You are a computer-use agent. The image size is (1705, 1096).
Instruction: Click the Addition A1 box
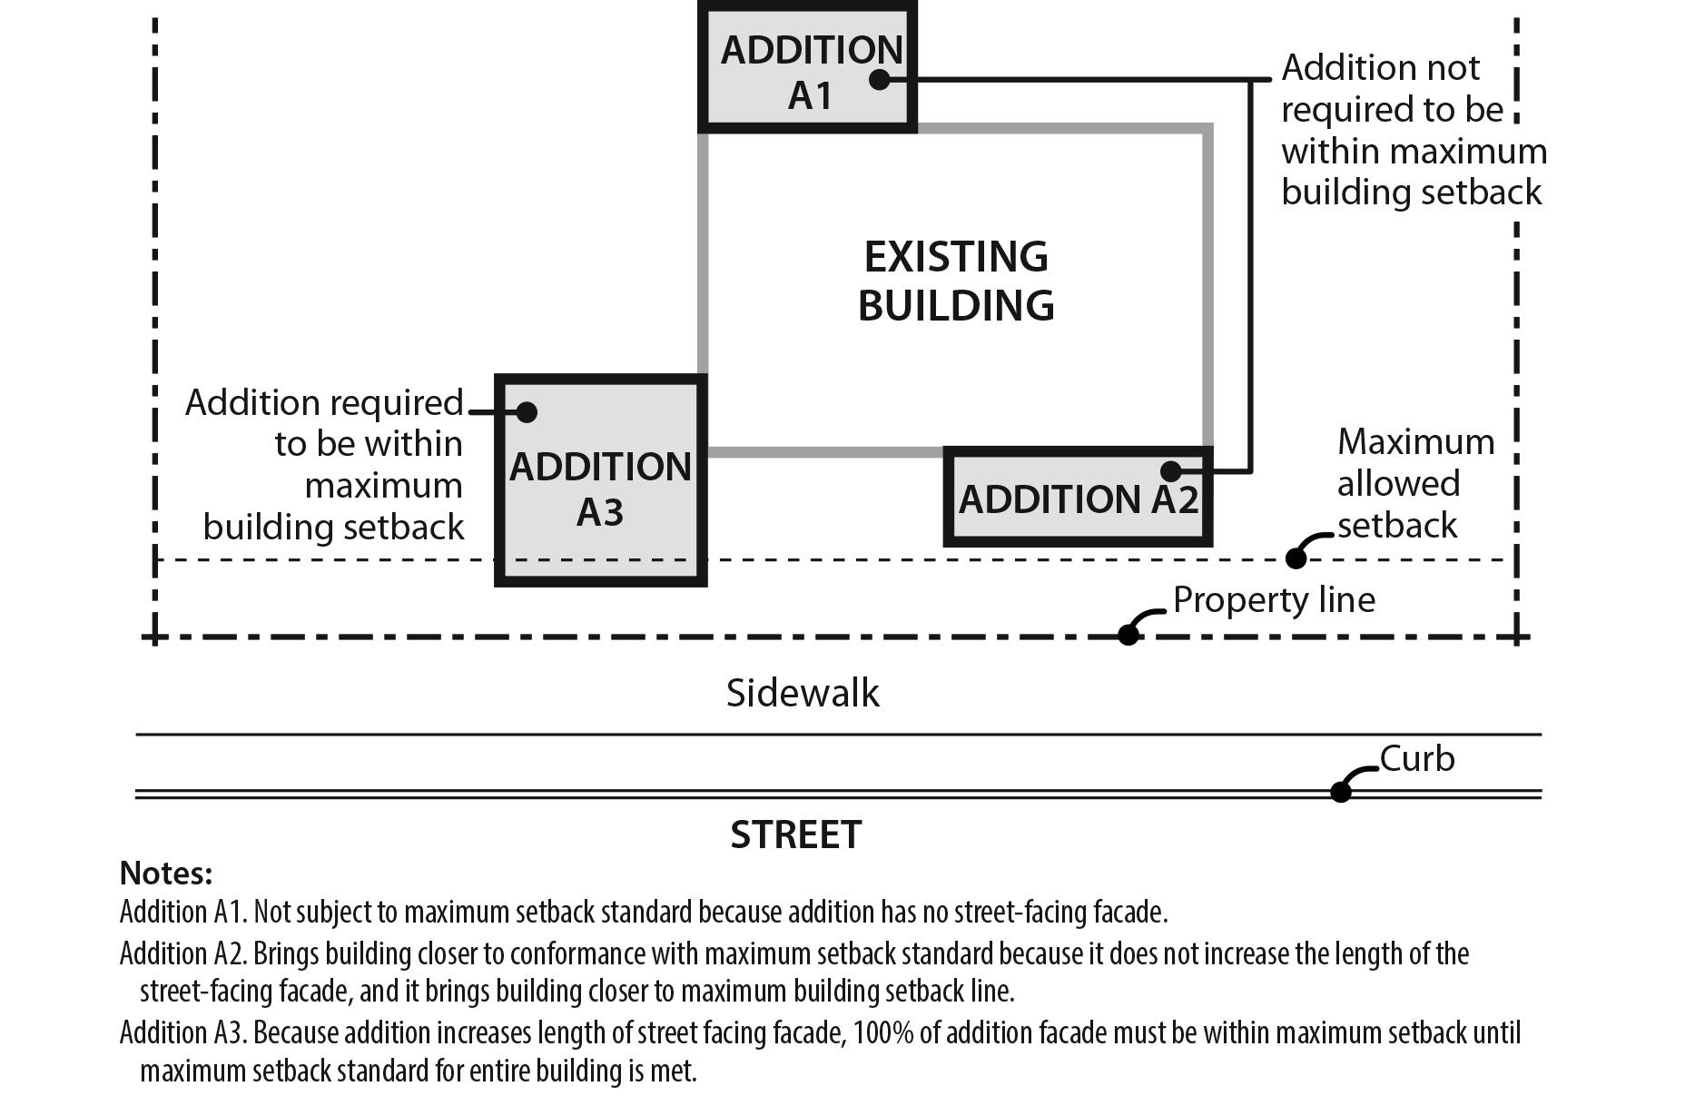(807, 68)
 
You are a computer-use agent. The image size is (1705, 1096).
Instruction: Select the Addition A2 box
(1078, 498)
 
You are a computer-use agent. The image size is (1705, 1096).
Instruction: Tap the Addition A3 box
(600, 481)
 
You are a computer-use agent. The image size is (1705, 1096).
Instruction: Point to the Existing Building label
(956, 281)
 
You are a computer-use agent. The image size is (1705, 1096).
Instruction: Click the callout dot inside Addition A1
(879, 80)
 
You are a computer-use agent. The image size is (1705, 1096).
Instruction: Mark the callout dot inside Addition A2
(1171, 471)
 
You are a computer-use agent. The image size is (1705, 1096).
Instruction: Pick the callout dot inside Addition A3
(527, 412)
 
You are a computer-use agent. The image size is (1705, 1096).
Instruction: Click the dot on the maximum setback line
(1296, 558)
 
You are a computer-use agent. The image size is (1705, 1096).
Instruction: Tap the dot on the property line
(1128, 635)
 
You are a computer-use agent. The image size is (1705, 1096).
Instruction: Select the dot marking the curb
(1341, 792)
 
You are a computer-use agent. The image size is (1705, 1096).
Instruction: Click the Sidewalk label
(803, 693)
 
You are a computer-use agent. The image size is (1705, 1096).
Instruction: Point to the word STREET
(796, 834)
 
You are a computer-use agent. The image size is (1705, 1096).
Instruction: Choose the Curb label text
(1417, 758)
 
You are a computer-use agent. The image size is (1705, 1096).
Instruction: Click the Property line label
(1274, 599)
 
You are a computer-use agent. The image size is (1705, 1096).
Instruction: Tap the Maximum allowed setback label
(1414, 483)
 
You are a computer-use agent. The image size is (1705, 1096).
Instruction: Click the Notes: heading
(166, 873)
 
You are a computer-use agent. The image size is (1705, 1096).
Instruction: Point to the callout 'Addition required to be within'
(325, 464)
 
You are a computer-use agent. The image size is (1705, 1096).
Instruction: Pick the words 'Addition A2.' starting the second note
(182, 953)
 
